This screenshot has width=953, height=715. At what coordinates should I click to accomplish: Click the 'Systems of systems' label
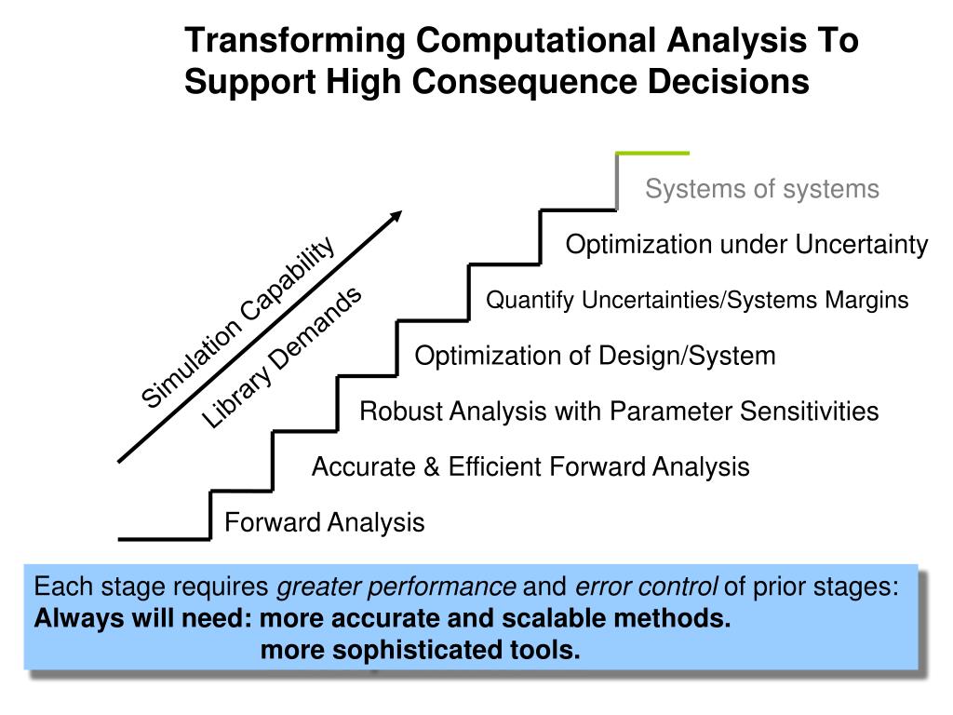(x=762, y=190)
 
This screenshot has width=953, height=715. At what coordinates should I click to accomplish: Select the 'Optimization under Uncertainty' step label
(x=747, y=245)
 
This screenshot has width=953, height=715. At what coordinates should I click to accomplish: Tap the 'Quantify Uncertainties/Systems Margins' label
(x=697, y=301)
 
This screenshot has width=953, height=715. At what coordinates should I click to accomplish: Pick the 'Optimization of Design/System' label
(x=595, y=356)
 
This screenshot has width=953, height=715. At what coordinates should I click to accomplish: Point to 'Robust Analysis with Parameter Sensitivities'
(x=619, y=411)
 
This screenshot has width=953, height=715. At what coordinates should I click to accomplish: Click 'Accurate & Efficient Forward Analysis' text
(x=530, y=466)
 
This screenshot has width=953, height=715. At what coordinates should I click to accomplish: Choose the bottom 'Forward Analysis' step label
(x=325, y=522)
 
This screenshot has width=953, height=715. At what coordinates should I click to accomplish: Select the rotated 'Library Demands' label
(x=282, y=358)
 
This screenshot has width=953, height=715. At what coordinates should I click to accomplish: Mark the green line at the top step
(x=652, y=153)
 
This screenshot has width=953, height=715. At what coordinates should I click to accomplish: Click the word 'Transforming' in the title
(x=295, y=41)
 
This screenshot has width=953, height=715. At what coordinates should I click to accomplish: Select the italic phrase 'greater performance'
(x=397, y=587)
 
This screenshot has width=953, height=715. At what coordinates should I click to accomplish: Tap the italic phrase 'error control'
(x=647, y=587)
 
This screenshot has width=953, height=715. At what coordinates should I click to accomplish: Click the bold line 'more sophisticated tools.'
(x=421, y=650)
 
